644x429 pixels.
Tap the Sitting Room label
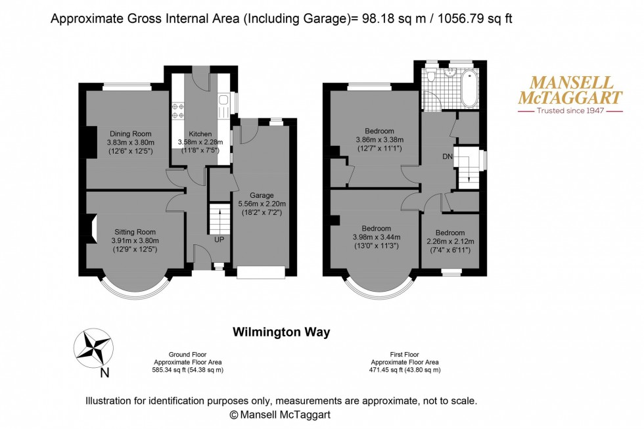coord(135,232)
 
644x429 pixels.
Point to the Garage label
coord(261,196)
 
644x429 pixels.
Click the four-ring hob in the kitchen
coord(178,111)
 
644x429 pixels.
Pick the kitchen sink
coord(224,101)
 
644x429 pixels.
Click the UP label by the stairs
coord(219,240)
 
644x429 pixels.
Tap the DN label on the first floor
coord(447,156)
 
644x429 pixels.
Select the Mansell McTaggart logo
coord(570,91)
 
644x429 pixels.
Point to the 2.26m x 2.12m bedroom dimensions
coord(449,241)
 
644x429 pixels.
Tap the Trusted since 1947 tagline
coord(569,111)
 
